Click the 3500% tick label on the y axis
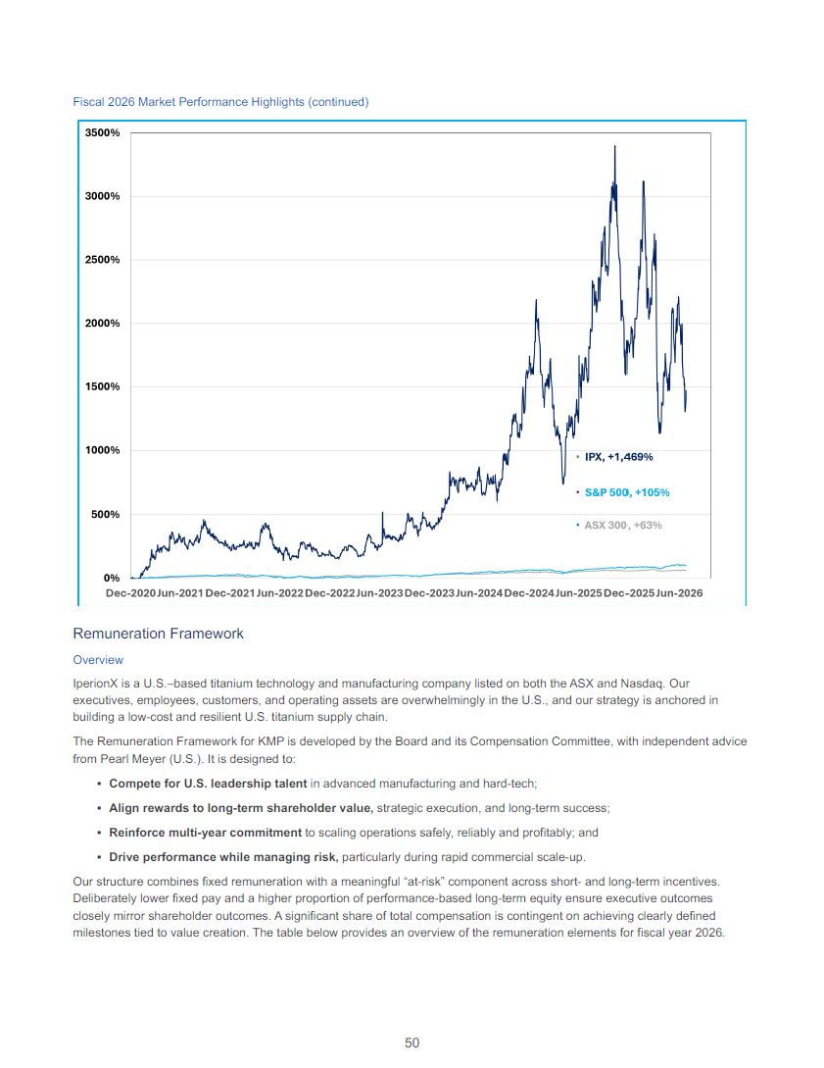102,132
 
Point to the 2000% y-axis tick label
102,323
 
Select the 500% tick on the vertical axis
106,514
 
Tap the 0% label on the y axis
112,578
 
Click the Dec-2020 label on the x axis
130,593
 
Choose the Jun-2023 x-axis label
380,593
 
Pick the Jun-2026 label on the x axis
679,593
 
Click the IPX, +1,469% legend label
618,457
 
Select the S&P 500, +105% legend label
627,492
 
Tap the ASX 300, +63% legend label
623,525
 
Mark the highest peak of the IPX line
615,146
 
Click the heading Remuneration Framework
158,634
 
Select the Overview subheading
98,660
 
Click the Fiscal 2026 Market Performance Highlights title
221,101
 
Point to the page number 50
412,1043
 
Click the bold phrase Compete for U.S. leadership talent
209,784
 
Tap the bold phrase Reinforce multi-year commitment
206,833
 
